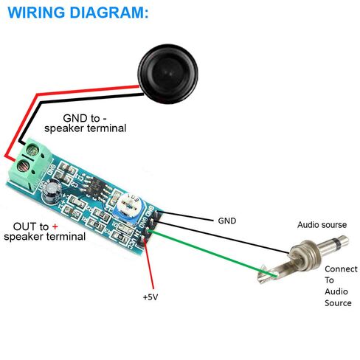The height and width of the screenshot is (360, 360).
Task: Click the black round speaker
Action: pos(168,74)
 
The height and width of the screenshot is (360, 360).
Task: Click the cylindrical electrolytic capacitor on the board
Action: pos(52,193)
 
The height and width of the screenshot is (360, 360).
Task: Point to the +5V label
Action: pos(150,297)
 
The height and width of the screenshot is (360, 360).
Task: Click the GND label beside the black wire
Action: pos(227,221)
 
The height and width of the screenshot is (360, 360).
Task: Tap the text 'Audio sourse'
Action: pos(322,224)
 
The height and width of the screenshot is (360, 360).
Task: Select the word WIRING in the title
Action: pos(36,13)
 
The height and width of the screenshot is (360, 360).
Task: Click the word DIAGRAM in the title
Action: pos(109,13)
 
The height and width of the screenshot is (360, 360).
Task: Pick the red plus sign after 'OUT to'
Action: pos(55,226)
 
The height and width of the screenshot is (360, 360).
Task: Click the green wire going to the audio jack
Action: pos(212,253)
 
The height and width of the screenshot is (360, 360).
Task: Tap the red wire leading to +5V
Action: pos(149,265)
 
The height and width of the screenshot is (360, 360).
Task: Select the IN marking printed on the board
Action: pos(139,232)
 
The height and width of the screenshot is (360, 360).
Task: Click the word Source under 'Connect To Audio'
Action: pos(338,303)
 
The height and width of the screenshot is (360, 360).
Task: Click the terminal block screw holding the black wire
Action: pos(32,150)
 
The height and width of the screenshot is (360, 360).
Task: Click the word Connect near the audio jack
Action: pos(341,269)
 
